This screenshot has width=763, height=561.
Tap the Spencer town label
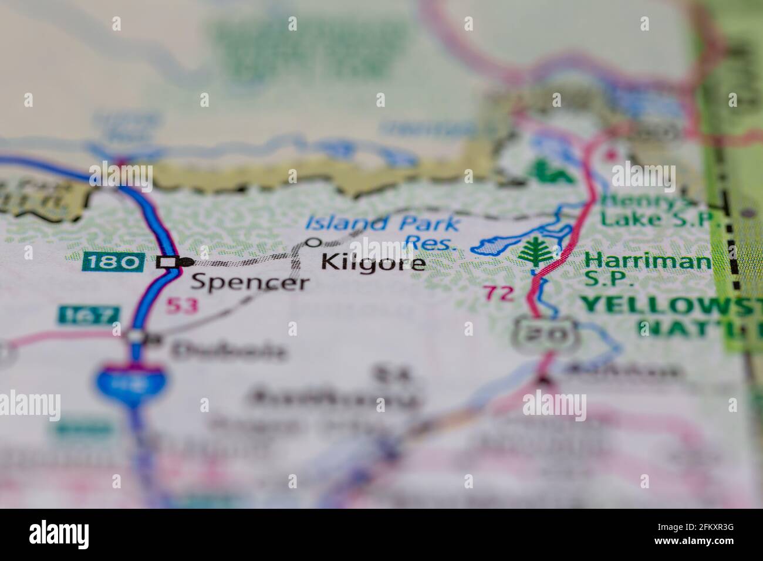249,283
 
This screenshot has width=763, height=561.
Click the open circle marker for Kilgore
314,242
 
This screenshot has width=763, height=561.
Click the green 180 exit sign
113,261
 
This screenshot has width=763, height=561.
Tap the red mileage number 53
181,305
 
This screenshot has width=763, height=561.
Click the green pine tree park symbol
536,252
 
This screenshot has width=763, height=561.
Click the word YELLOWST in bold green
670,305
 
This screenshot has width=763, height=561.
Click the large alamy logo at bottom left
59,534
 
